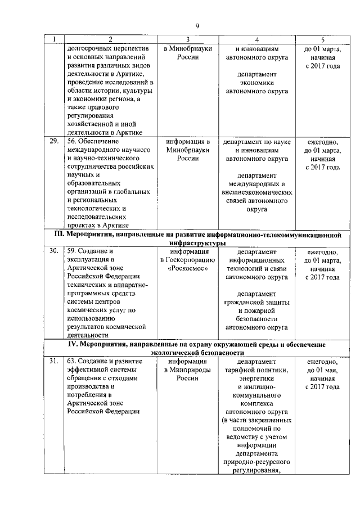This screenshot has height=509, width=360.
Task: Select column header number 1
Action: pos(53,39)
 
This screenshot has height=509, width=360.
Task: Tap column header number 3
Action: pos(187,39)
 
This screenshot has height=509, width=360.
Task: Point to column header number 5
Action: pos(322,39)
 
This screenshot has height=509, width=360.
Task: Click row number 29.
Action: pos(54,141)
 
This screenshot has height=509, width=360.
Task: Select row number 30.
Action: pos(54,251)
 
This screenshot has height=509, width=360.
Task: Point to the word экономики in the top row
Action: pos(256,82)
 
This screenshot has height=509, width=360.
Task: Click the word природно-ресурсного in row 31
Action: pos(256,462)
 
